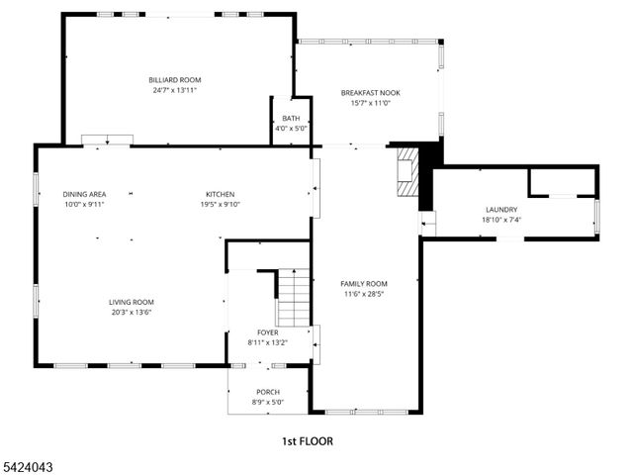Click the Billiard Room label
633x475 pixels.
pyautogui.click(x=175, y=79)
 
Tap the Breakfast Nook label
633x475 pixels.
pyautogui.click(x=371, y=92)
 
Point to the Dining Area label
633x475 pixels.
pyautogui.click(x=84, y=194)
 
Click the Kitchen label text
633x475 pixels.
pyautogui.click(x=220, y=194)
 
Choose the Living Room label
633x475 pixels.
pyautogui.click(x=131, y=302)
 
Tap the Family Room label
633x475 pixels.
pyautogui.click(x=364, y=283)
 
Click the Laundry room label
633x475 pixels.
pyautogui.click(x=500, y=210)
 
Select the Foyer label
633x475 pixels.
pyautogui.click(x=268, y=332)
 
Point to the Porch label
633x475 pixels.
pyautogui.click(x=268, y=392)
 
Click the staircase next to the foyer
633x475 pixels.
pyautogui.click(x=293, y=290)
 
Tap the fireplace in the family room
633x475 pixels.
pyautogui.click(x=407, y=174)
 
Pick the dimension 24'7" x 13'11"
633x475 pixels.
pyautogui.click(x=175, y=90)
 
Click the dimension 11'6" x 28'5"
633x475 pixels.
pyautogui.click(x=364, y=293)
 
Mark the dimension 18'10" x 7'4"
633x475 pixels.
pyautogui.click(x=500, y=220)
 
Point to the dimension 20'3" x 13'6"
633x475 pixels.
pyautogui.click(x=131, y=312)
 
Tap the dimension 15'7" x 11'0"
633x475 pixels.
pyautogui.click(x=371, y=102)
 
